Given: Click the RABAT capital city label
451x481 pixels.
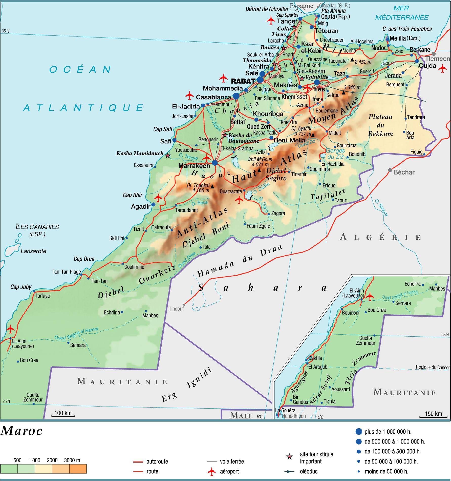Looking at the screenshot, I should pyautogui.click(x=243, y=81).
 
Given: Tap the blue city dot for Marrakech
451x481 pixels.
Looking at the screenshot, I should pyautogui.click(x=215, y=163).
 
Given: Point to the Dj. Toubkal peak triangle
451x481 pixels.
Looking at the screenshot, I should pyautogui.click(x=212, y=186).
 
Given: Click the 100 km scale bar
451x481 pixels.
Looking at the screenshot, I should pyautogui.click(x=63, y=416).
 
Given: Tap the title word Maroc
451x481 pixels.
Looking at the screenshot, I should pyautogui.click(x=21, y=431).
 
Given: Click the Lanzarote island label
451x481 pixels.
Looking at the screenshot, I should pyautogui.click(x=33, y=251).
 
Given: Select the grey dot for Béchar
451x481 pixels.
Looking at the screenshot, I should pyautogui.click(x=390, y=170).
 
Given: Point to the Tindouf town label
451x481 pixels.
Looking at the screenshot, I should pyautogui.click(x=176, y=309).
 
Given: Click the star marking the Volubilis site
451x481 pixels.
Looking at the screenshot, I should pyautogui.click(x=302, y=79).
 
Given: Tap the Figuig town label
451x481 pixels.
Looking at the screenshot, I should pyautogui.click(x=416, y=152).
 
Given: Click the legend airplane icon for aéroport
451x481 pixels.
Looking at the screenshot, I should pyautogui.click(x=211, y=471).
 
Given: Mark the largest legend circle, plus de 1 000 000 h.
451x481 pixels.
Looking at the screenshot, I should pyautogui.click(x=358, y=432).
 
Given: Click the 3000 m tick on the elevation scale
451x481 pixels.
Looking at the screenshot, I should pyautogui.click(x=72, y=460).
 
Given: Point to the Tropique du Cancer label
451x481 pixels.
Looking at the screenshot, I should pyautogui.click(x=432, y=367).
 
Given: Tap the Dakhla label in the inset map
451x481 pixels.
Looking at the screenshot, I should pyautogui.click(x=315, y=358).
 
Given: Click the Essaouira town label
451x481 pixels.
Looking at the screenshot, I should pyautogui.click(x=143, y=165).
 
